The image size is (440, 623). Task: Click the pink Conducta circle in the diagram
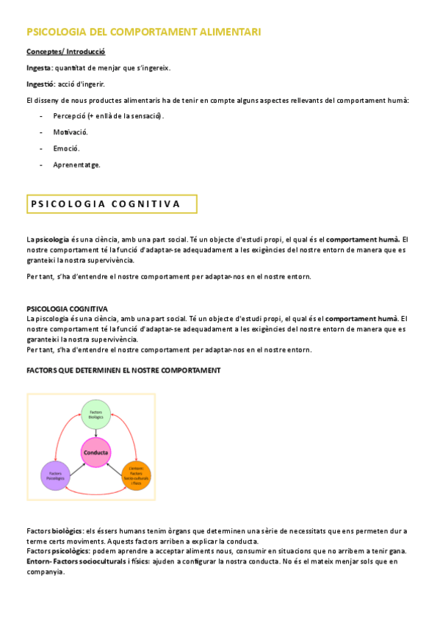95,453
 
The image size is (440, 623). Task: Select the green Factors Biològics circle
95,415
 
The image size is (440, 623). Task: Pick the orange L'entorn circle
136,475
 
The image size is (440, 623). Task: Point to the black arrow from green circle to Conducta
95,433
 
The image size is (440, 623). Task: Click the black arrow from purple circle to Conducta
75,464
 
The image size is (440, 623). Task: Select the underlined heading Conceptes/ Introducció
66,52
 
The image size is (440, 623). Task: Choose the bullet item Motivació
71,132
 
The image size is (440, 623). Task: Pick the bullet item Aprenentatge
76,165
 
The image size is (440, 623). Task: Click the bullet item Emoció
66,148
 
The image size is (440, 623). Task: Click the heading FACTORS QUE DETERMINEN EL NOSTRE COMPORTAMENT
123,370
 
